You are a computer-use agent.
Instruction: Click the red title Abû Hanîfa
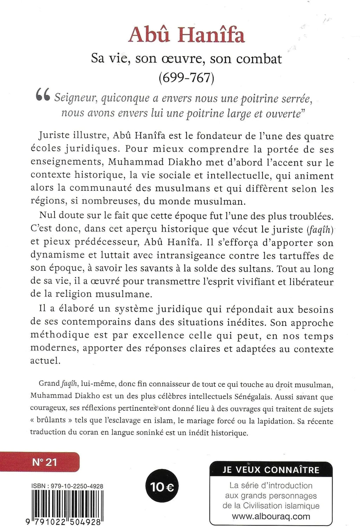(x=186, y=36)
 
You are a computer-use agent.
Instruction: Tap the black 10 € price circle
(x=162, y=487)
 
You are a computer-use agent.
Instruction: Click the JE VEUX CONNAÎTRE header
(x=271, y=470)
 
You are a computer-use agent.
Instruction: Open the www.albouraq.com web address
(x=271, y=517)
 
